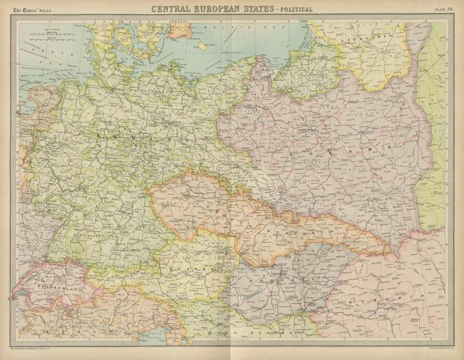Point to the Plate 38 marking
(x=444, y=8)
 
